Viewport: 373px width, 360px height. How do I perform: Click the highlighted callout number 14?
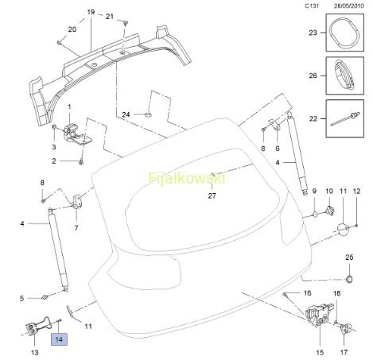coord(59,339)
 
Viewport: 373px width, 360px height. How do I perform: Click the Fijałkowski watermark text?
coord(187,178)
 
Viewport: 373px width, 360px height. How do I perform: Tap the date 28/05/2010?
coord(348,6)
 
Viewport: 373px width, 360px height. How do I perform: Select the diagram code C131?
coord(312,6)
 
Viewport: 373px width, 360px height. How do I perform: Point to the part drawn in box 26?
coord(344,74)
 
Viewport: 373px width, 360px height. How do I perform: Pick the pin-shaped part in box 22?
coord(345,119)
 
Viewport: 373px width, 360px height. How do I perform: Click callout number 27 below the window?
coord(212,195)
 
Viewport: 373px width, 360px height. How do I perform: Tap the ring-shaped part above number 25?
coord(349,279)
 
